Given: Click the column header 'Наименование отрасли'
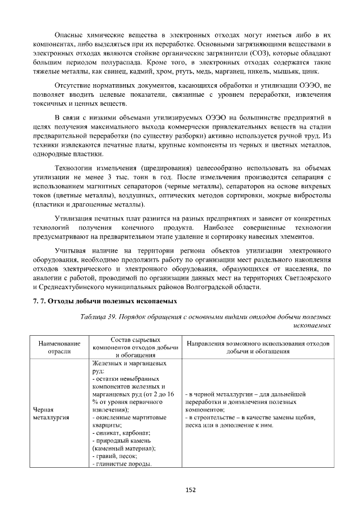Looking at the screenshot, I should [60, 347].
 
